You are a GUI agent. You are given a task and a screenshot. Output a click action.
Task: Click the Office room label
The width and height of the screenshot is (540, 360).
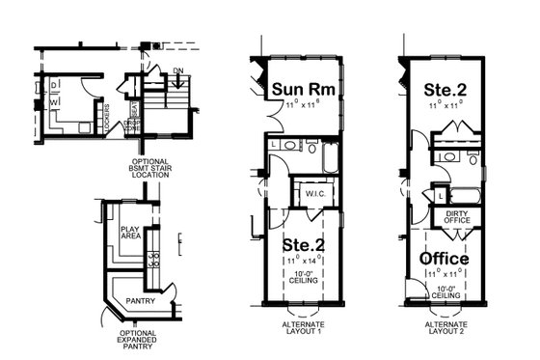(x=444, y=260)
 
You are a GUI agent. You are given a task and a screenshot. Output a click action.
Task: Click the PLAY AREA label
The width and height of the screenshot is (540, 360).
(x=131, y=232)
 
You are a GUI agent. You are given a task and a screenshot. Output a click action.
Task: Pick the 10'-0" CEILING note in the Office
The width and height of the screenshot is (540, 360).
(x=445, y=291)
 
